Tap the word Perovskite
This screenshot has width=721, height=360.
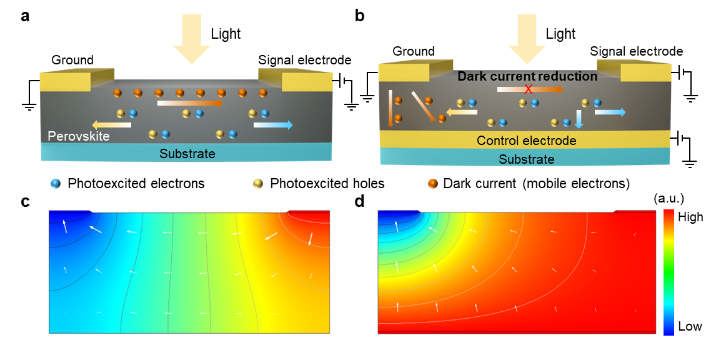(x=79, y=136)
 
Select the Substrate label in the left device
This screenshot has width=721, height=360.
(x=187, y=154)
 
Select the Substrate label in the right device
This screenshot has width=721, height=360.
(x=526, y=159)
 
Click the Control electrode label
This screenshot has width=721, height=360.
(x=526, y=141)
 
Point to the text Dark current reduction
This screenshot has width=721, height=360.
(x=527, y=76)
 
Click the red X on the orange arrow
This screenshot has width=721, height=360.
(x=528, y=89)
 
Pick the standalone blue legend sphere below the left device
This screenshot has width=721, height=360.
(x=56, y=184)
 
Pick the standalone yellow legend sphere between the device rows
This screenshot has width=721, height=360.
(x=258, y=184)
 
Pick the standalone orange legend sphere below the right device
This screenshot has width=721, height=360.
(x=432, y=184)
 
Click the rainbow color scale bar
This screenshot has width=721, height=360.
(x=668, y=272)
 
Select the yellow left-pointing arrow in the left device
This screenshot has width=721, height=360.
(x=111, y=125)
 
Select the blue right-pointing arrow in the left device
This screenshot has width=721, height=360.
(x=273, y=125)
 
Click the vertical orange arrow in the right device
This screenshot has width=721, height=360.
(x=390, y=108)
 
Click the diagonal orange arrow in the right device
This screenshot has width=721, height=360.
(x=422, y=106)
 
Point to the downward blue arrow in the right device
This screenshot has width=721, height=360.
(x=579, y=119)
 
